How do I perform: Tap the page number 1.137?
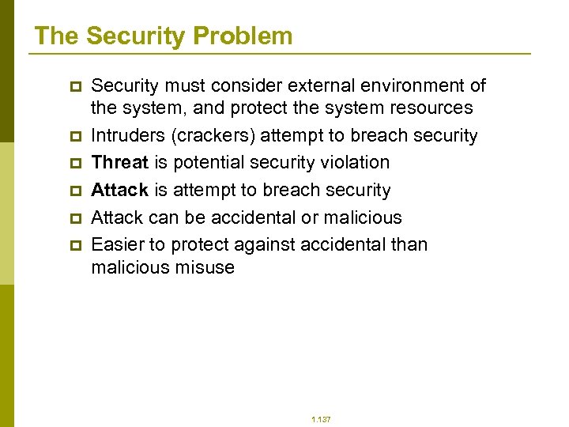[321, 419]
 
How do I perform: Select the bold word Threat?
[119, 163]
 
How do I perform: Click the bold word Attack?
[119, 191]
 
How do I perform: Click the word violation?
[352, 163]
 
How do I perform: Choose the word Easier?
[117, 245]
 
